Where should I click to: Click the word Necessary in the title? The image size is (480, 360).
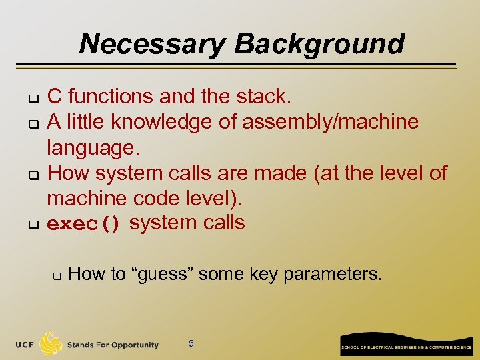(x=153, y=44)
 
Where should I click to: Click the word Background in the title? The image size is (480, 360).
(x=319, y=44)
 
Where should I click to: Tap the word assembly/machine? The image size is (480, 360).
(x=330, y=122)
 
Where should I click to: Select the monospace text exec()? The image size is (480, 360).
(x=84, y=224)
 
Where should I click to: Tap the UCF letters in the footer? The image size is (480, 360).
(x=25, y=345)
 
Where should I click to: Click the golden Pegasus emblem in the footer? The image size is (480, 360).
(x=51, y=343)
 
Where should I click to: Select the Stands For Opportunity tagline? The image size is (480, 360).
(x=113, y=345)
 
